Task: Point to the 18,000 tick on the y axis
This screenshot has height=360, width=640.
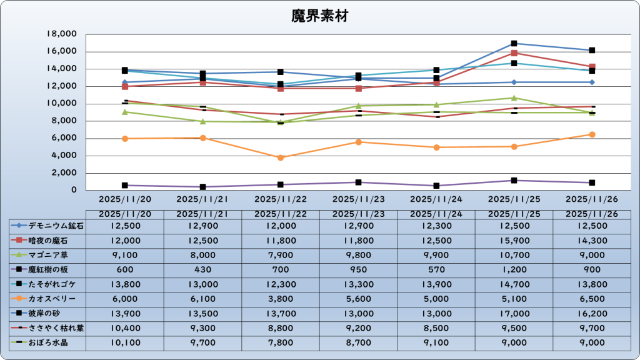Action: tap(62, 34)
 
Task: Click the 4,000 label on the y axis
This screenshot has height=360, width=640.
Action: tap(64, 156)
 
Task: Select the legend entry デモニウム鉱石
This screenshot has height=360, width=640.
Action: tap(47, 226)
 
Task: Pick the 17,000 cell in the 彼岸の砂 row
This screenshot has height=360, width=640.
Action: tap(514, 314)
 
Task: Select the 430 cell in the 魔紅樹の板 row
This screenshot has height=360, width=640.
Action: tap(202, 270)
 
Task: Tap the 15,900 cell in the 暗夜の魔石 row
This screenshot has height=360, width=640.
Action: tap(514, 241)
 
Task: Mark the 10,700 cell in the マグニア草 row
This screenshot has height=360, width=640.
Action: tap(514, 255)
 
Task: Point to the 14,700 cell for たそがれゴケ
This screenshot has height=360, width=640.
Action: tap(514, 284)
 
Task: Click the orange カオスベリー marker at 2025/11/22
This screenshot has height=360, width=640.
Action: tap(281, 157)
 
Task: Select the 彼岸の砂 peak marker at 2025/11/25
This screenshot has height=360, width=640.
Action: tap(514, 43)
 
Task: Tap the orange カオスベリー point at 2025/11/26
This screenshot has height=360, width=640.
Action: tap(592, 134)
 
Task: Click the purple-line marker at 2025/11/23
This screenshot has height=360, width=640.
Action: tap(358, 182)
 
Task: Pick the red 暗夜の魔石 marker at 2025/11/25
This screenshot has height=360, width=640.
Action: tap(514, 53)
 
